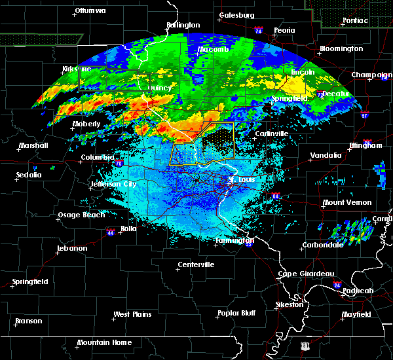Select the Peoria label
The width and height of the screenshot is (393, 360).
[284, 31]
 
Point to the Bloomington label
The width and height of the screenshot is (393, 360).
[341, 49]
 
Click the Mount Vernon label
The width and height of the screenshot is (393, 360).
[346, 203]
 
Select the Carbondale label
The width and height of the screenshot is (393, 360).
[322, 245]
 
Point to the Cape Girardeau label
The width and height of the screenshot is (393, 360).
[307, 274]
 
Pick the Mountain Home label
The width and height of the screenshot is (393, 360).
[104, 342]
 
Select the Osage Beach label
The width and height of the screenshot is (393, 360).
[81, 215]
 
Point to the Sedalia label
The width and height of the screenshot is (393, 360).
[29, 175]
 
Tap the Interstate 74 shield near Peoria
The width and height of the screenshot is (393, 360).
[259, 31]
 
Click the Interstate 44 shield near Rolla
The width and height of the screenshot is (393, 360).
[111, 232]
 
